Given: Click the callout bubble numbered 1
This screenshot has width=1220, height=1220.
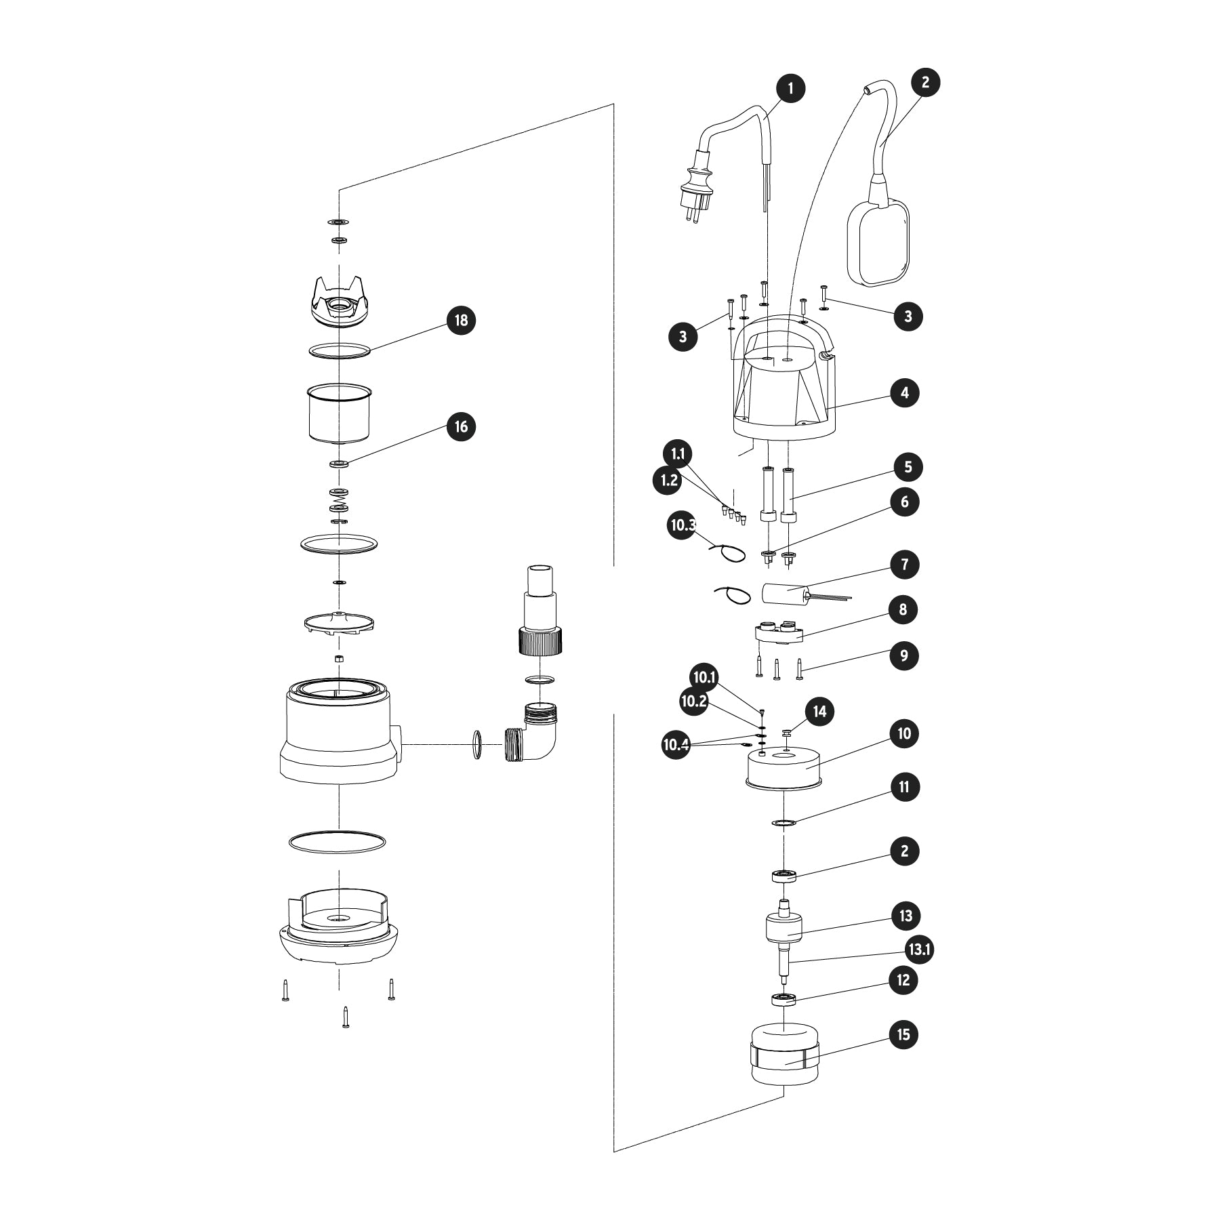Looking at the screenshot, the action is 790,88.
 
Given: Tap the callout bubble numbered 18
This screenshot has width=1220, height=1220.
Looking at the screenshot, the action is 461,321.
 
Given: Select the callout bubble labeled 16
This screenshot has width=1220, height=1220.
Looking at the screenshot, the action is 461,427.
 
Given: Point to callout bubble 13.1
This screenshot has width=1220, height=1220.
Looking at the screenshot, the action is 919,950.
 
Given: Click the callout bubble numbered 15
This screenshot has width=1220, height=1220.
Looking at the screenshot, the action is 904,1035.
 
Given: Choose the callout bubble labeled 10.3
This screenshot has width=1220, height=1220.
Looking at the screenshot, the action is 683,526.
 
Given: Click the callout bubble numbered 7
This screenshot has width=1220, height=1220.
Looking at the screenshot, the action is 904,565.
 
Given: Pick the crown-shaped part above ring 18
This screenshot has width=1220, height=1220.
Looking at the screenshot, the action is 341,304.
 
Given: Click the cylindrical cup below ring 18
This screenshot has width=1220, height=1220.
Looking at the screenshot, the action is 340,413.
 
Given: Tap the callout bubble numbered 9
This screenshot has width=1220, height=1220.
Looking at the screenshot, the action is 904,655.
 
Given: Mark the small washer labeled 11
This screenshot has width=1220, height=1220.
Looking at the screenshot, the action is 783,823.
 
